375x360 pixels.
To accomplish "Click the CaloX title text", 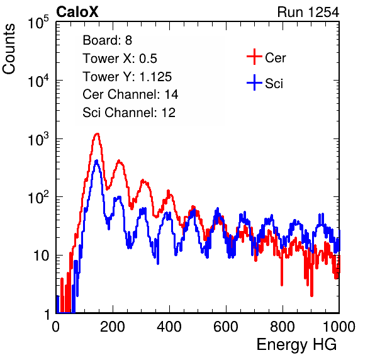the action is point(77,12).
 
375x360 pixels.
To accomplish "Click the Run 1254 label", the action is point(308,12).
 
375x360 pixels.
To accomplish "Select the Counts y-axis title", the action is point(9,49).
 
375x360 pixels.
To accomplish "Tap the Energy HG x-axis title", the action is point(296,344).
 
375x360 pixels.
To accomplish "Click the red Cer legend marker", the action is point(254,57).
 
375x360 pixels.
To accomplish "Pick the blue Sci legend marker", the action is point(254,83).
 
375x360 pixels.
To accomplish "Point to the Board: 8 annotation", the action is point(107,40).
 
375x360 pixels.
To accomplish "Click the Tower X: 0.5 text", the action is point(120,59).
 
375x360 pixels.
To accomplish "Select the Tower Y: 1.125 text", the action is point(127,77).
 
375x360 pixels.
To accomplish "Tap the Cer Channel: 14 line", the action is point(130,94).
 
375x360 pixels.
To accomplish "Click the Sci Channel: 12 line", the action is point(129,113).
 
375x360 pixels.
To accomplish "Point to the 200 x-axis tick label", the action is point(113,326).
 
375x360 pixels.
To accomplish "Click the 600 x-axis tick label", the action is point(226,326).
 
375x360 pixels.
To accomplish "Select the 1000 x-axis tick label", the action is point(339,326).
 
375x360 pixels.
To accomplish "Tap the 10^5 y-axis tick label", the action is point(38,23).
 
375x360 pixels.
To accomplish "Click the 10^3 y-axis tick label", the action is point(38,139).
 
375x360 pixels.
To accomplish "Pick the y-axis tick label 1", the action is point(47,314).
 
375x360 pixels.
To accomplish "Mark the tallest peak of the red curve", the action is point(97,133).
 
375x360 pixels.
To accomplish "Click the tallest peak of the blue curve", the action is point(97,160).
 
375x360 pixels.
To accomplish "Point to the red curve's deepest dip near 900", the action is point(311,296).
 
